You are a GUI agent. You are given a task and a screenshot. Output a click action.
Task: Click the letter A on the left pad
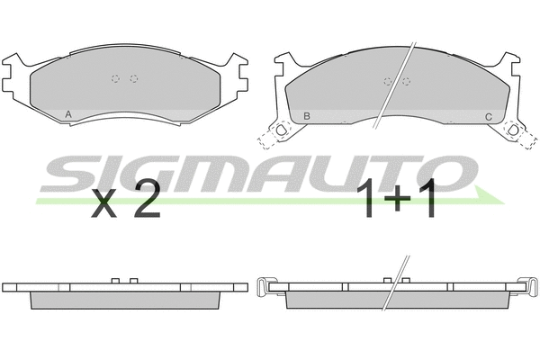(x=69, y=114)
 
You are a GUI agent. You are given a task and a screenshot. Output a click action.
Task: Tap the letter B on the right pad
(x=307, y=116)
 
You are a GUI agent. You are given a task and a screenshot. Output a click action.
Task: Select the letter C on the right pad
(x=488, y=116)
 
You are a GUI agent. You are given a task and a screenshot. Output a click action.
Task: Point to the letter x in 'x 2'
(x=106, y=205)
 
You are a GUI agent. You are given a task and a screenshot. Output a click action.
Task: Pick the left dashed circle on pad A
(x=115, y=78)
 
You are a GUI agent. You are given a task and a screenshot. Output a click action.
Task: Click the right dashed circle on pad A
(x=134, y=78)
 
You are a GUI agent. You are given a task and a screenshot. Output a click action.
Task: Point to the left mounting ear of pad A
(x=14, y=76)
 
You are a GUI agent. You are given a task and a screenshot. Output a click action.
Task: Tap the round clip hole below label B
(x=281, y=131)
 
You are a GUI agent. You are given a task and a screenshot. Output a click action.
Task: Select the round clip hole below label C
(x=514, y=131)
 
